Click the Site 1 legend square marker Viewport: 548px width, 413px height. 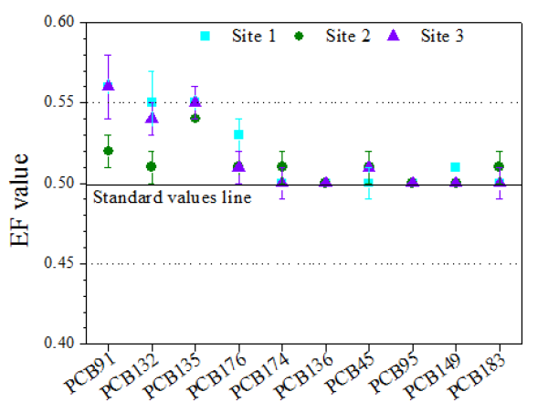(x=205, y=37)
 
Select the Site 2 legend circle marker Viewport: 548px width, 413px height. (x=300, y=37)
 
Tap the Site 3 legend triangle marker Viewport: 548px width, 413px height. (x=394, y=36)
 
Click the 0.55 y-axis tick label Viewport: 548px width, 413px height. (x=59, y=102)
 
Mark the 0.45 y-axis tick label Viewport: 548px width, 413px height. (x=59, y=264)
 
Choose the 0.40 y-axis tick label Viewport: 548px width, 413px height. (x=59, y=344)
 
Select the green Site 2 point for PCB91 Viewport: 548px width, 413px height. (x=109, y=151)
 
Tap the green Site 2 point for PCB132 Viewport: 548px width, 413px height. (x=152, y=166)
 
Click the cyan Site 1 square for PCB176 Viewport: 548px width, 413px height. (x=238, y=134)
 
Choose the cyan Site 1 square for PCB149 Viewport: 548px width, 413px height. (x=455, y=167)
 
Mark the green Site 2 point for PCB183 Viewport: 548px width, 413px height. (x=498, y=166)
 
